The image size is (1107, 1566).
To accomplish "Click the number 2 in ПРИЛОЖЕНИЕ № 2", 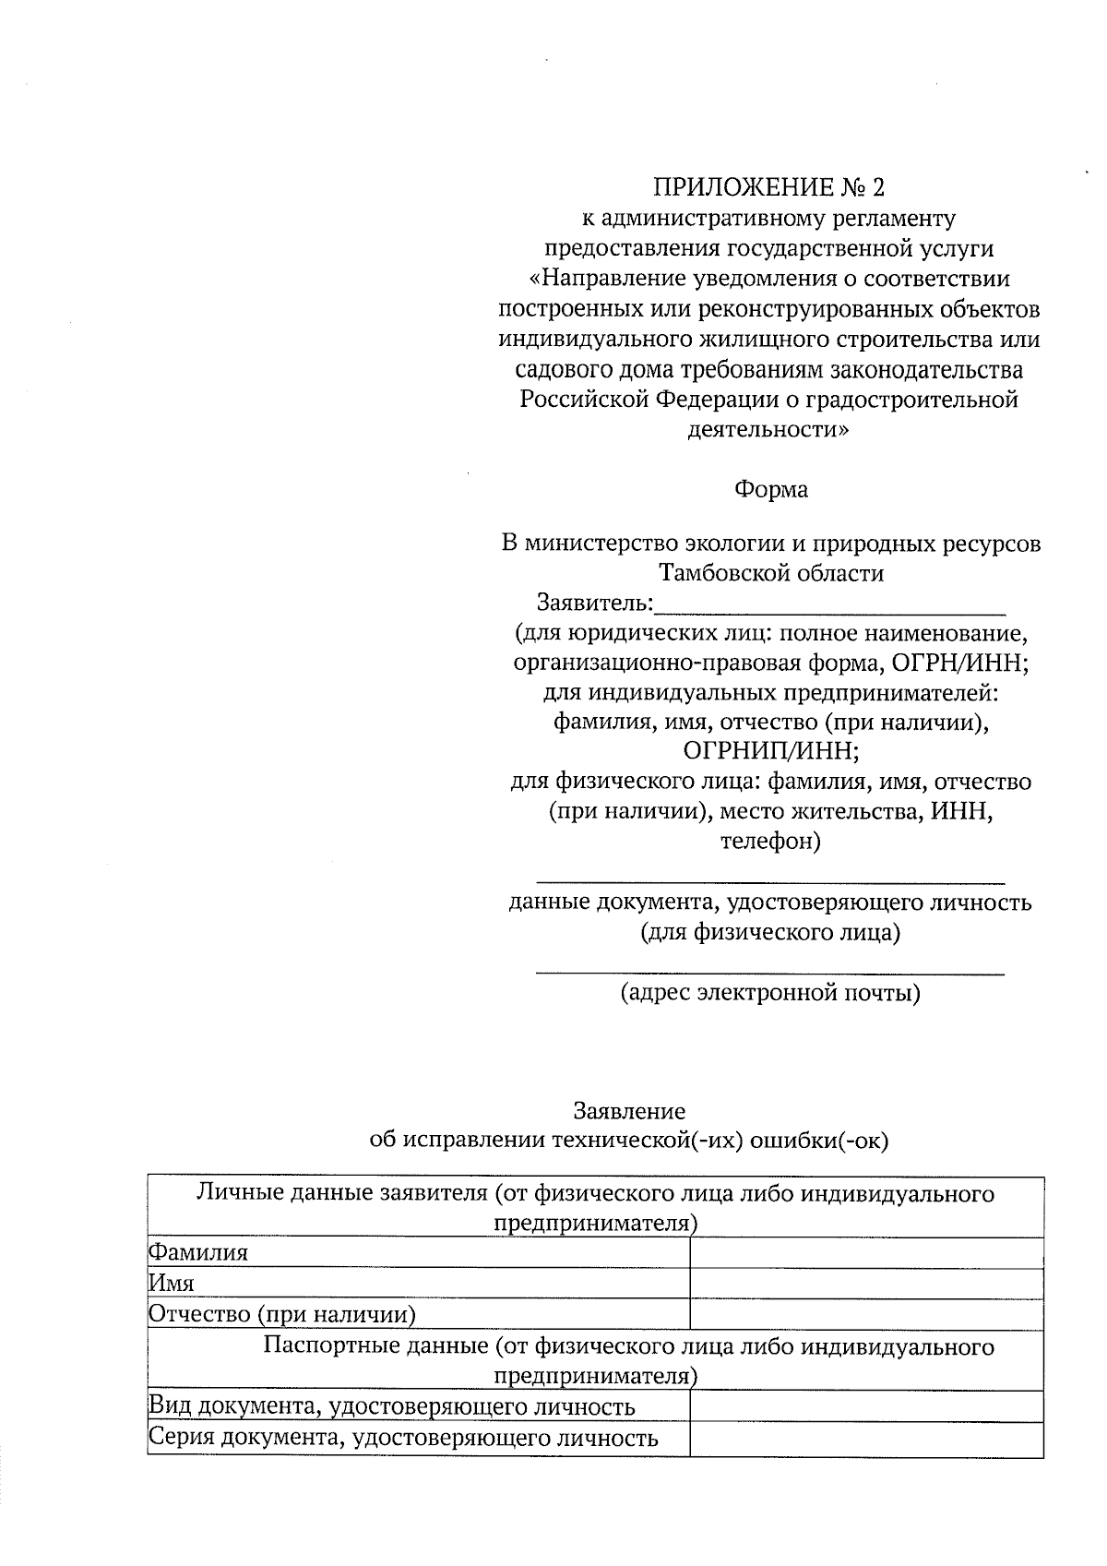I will coord(876,188).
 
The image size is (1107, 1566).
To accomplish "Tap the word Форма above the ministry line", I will coord(770,490).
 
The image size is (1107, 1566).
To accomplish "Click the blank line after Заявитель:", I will coord(829,605).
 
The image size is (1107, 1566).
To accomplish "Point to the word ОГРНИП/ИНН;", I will coord(770,750).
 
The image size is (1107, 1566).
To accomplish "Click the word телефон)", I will coord(770,842).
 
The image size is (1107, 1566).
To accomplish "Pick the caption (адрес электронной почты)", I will coord(770,994).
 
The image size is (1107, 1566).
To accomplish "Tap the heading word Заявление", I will coord(629,1111).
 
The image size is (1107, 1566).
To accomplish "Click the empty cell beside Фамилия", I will coord(866,1253).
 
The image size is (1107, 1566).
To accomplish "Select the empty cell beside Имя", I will coord(866,1284).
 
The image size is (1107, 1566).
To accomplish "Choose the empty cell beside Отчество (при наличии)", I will coord(866,1314).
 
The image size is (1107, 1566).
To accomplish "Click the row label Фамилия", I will coord(198,1253).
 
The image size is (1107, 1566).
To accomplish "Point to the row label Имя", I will coord(172,1284).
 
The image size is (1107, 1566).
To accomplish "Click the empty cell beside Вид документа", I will coord(866,1406).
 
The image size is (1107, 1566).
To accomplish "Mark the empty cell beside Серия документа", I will coord(866,1438).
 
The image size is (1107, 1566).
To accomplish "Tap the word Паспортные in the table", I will coord(328,1346).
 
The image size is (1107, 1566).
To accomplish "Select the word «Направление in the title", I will coord(601,279).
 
